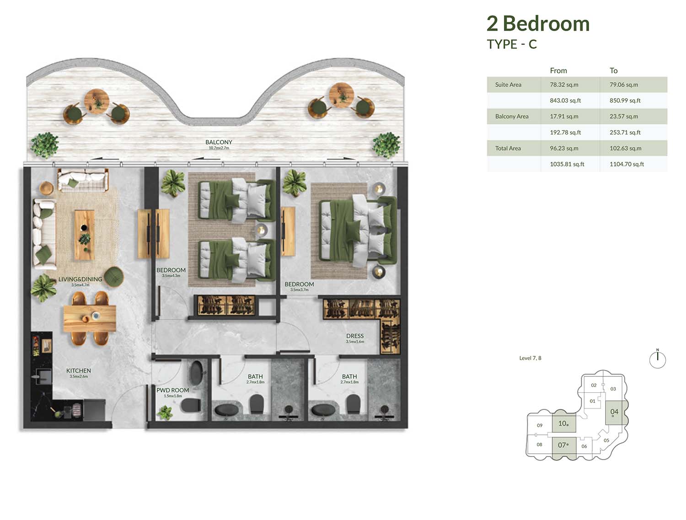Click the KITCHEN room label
tap(79, 370)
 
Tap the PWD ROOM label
tap(172, 390)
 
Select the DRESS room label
tap(355, 336)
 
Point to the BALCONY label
tap(219, 142)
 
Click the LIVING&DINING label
tap(80, 279)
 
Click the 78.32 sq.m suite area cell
tap(564, 85)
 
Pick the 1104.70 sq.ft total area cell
tap(627, 164)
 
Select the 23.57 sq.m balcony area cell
tap(624, 116)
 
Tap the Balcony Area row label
tap(512, 116)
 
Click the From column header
tap(558, 70)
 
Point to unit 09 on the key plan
tap(539, 425)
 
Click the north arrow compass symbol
tap(657, 359)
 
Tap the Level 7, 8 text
tap(530, 358)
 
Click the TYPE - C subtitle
tap(512, 44)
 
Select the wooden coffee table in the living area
tap(85, 235)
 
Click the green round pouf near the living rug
tap(113, 276)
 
